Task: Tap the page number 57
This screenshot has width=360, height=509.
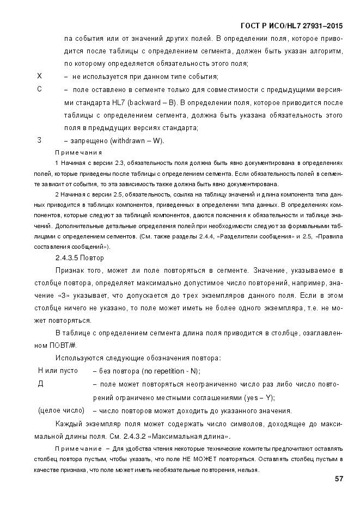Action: (x=339, y=479)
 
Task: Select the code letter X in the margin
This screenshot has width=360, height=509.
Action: (x=39, y=76)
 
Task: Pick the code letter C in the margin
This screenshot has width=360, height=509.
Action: (x=39, y=89)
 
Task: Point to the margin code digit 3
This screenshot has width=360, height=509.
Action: (x=39, y=140)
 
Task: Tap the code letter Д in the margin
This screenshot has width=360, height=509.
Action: (x=40, y=384)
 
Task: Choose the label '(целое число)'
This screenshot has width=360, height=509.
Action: (x=60, y=410)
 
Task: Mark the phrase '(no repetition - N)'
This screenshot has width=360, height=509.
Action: (x=170, y=371)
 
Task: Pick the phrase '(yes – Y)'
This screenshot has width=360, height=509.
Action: (x=260, y=397)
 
